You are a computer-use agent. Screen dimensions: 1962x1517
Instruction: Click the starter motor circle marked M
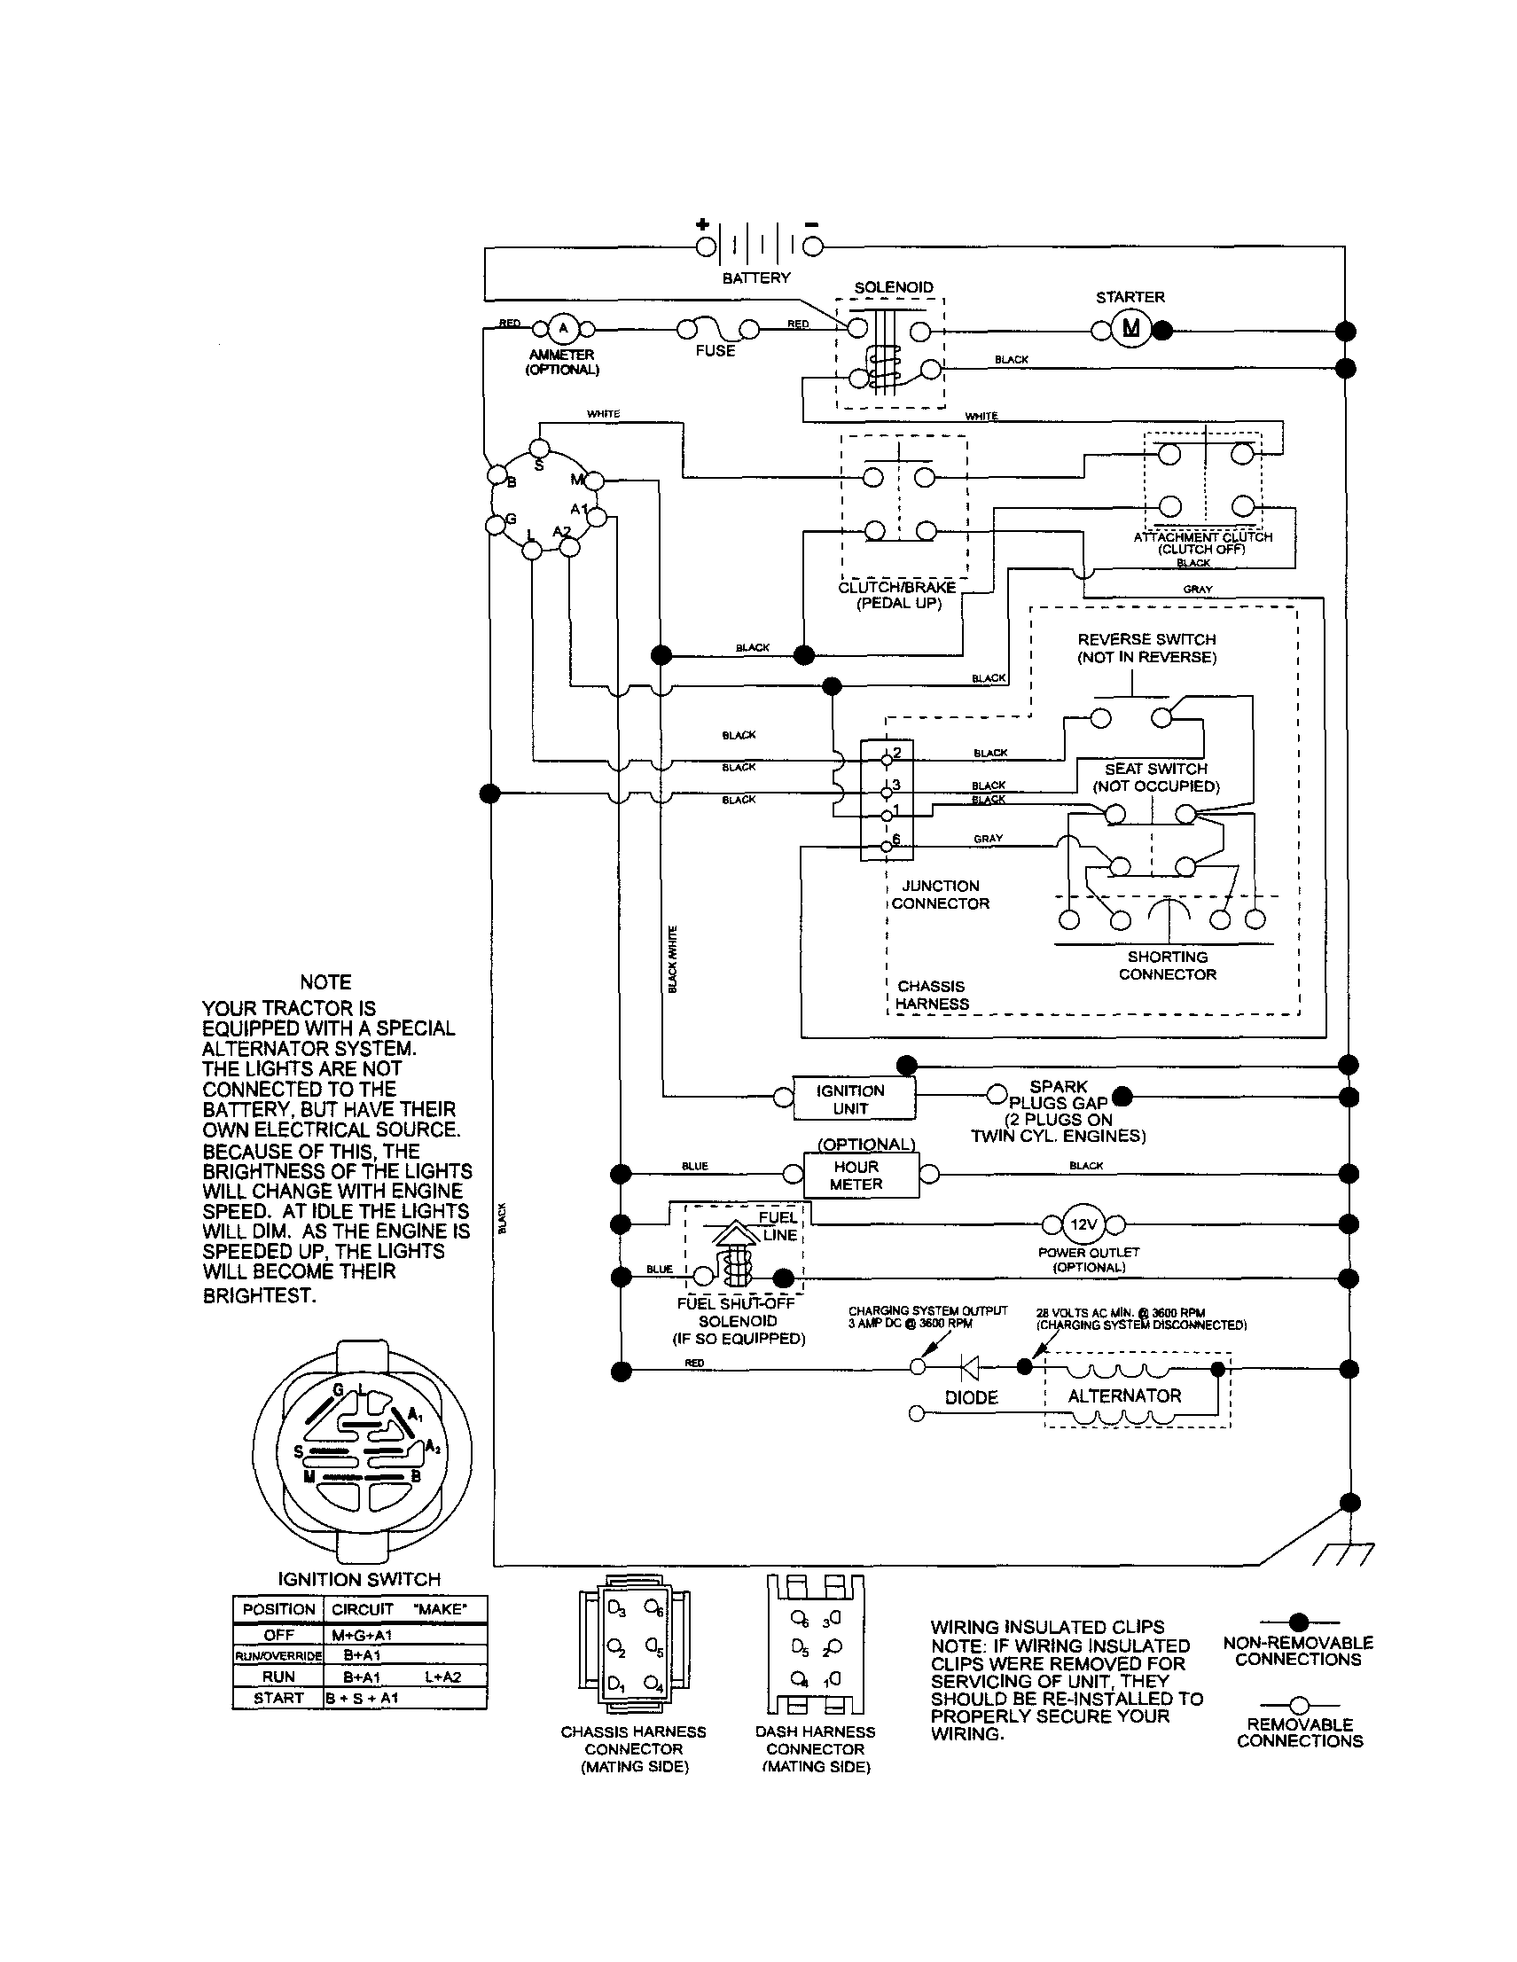(1130, 329)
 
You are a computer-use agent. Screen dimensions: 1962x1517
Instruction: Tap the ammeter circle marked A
(563, 329)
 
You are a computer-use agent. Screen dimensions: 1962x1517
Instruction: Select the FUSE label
(715, 351)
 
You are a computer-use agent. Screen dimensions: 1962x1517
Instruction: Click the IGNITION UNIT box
(853, 1098)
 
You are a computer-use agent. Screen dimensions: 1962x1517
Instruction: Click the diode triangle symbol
(969, 1368)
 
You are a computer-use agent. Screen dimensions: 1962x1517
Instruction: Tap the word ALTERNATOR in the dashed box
(1123, 1396)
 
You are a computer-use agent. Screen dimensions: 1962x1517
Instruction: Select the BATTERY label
(756, 278)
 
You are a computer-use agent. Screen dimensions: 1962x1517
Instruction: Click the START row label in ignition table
(278, 1698)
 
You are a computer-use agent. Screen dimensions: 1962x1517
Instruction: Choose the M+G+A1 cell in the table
(361, 1635)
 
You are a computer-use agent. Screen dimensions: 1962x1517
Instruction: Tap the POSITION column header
(278, 1609)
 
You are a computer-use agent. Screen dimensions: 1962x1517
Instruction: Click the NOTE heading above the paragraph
(325, 982)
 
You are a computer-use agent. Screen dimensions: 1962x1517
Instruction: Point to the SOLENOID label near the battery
(893, 287)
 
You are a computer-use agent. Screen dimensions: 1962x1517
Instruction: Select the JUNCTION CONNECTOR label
(940, 895)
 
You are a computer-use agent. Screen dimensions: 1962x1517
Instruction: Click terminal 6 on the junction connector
(887, 845)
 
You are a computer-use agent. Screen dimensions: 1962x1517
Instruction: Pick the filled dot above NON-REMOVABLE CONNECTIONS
(1298, 1622)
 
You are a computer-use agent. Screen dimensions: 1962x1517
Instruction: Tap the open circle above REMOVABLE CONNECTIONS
(1298, 1704)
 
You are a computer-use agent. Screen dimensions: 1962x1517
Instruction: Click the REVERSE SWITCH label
(1146, 639)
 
